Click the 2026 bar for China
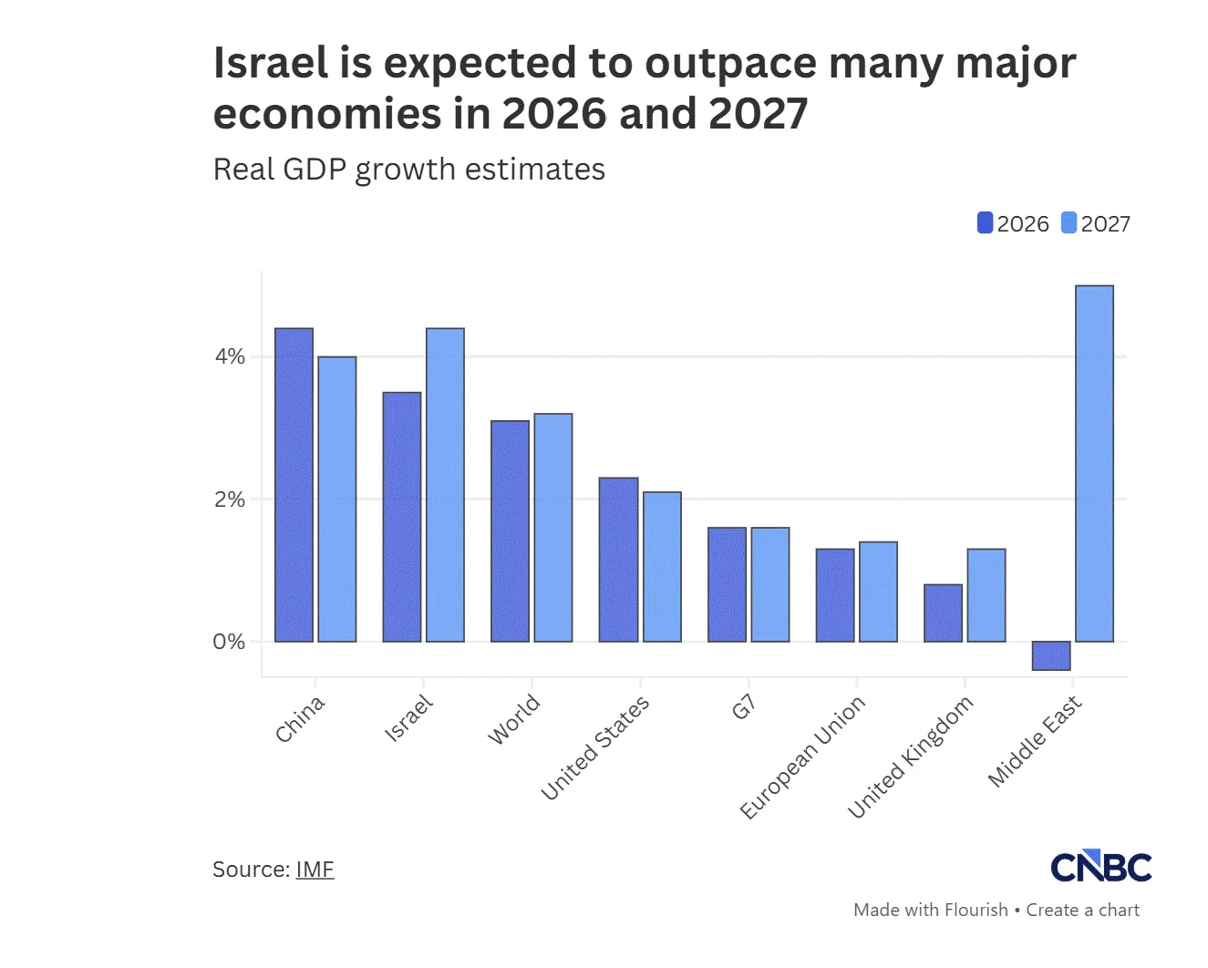click(294, 485)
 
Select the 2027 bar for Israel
click(445, 485)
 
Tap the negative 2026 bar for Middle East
click(1051, 655)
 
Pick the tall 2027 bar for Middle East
click(1094, 463)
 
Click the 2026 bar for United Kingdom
click(943, 613)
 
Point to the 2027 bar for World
click(553, 528)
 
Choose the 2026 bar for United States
click(618, 560)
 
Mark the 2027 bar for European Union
click(878, 592)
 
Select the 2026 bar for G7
click(727, 584)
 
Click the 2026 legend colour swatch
click(985, 223)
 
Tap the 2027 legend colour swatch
click(1069, 223)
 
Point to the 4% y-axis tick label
click(230, 356)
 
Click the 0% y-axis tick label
click(230, 642)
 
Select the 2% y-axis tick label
click(230, 499)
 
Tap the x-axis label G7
click(744, 706)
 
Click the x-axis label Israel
click(408, 718)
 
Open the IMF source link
click(315, 870)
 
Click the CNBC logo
click(1101, 867)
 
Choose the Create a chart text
click(1082, 910)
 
